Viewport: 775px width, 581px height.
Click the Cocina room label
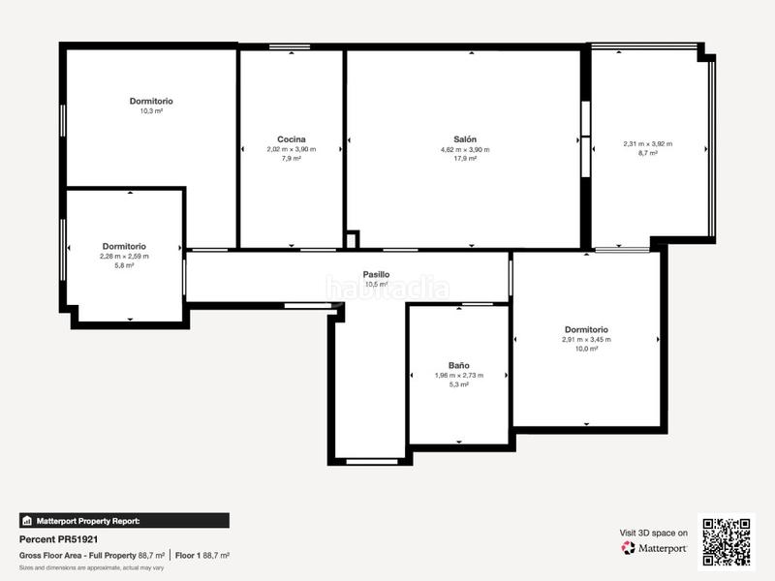[291, 139]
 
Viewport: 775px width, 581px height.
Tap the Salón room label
[465, 139]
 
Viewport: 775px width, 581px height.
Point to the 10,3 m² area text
[151, 111]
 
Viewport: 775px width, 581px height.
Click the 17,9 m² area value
[465, 159]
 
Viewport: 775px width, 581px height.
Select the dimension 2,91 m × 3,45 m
[586, 340]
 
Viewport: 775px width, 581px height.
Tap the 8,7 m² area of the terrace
[647, 153]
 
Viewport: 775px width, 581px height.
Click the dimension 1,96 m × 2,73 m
[459, 376]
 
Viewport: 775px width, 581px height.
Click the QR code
[727, 541]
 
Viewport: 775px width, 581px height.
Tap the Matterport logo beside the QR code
[654, 548]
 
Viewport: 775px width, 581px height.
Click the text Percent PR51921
[59, 539]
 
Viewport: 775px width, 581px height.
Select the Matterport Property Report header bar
[124, 520]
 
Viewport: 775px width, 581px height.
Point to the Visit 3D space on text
[654, 533]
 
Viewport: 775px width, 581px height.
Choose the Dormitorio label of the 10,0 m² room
[586, 329]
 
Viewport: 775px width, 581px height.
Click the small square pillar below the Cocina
[353, 239]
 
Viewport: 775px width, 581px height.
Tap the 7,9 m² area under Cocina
[291, 159]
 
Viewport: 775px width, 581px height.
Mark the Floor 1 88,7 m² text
[202, 556]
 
